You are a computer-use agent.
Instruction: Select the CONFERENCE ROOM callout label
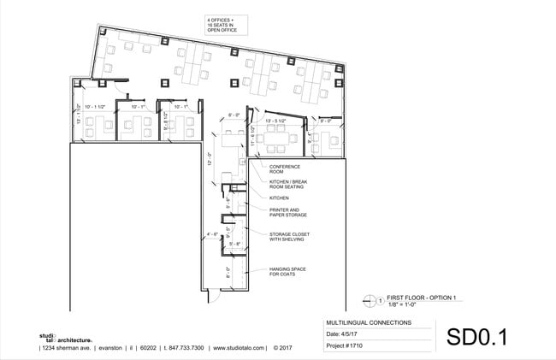pos(282,169)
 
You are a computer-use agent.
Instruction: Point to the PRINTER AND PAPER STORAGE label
pos(286,212)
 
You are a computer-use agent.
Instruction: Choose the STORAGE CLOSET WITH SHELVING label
pos(289,236)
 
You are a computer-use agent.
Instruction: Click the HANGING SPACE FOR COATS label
pos(287,272)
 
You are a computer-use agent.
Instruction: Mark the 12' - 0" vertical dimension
pos(210,159)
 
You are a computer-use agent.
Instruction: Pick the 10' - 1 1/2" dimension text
pos(94,107)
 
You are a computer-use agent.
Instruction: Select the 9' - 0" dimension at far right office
pos(325,121)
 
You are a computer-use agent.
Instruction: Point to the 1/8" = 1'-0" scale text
pos(405,304)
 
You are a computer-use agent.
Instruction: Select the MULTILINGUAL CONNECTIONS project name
pos(369,323)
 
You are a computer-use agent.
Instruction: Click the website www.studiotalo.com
pos(240,348)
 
